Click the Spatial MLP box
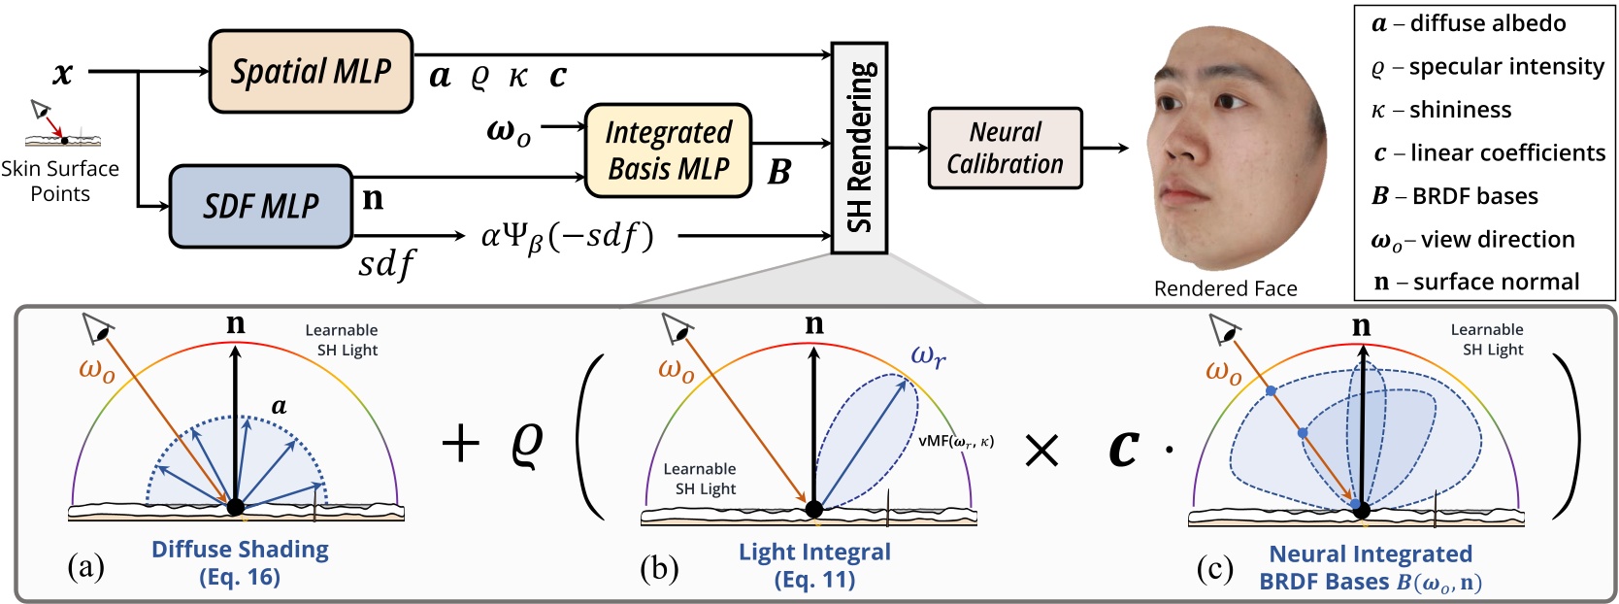click(311, 71)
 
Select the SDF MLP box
click(260, 206)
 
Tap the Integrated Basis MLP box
click(668, 151)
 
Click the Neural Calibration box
click(1005, 148)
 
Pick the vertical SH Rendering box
click(859, 148)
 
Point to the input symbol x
click(63, 73)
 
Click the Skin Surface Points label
click(59, 181)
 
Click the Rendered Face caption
click(1225, 288)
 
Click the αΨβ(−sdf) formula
click(568, 236)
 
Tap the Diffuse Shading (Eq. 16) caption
click(240, 562)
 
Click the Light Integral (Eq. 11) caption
click(814, 565)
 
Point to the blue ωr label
click(928, 356)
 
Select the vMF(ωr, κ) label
click(956, 441)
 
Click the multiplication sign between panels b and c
click(1041, 450)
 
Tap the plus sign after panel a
click(460, 445)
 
